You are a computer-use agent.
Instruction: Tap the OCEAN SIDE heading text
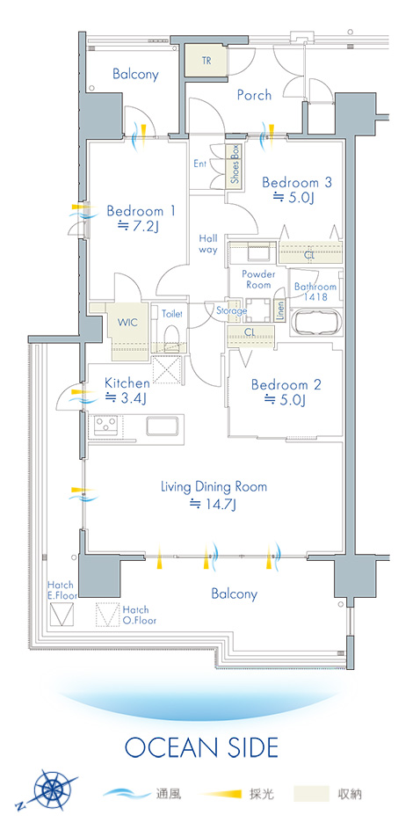201,747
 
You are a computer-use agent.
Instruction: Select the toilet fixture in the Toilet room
170,336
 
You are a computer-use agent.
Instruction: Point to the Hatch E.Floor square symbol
62,614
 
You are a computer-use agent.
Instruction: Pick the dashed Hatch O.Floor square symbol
108,615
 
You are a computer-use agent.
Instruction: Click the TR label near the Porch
206,61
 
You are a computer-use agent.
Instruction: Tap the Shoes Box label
235,164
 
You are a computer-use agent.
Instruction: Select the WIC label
128,323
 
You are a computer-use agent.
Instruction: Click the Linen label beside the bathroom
279,311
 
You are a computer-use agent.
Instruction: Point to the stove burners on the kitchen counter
105,425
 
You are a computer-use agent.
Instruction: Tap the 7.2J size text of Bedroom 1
138,227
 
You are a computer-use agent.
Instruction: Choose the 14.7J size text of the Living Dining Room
214,504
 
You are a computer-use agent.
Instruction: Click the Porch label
254,95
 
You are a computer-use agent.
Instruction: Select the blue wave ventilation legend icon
127,793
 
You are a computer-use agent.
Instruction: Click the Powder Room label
258,280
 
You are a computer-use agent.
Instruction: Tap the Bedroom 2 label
286,385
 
